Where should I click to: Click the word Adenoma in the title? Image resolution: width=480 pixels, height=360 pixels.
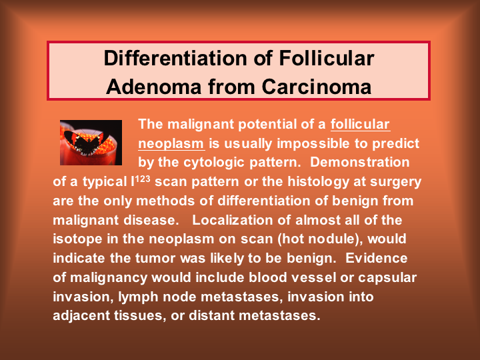tap(154, 87)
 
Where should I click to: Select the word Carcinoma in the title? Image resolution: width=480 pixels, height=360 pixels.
tap(317, 87)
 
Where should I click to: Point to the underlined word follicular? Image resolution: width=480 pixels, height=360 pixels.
tap(360, 124)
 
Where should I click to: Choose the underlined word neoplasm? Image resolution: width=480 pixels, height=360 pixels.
tap(171, 143)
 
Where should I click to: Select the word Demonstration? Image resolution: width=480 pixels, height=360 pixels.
tap(360, 162)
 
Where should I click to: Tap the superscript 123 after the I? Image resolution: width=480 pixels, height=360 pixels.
tap(143, 178)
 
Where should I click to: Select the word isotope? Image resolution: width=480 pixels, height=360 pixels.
tap(78, 239)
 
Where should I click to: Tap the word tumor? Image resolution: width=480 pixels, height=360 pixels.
tap(155, 259)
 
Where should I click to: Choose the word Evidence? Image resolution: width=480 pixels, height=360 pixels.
tap(377, 258)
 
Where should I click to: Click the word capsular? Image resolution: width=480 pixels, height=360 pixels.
tap(387, 278)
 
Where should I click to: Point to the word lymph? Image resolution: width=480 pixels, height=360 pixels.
tap(138, 297)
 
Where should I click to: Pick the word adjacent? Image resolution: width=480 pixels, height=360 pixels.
tap(81, 315)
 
